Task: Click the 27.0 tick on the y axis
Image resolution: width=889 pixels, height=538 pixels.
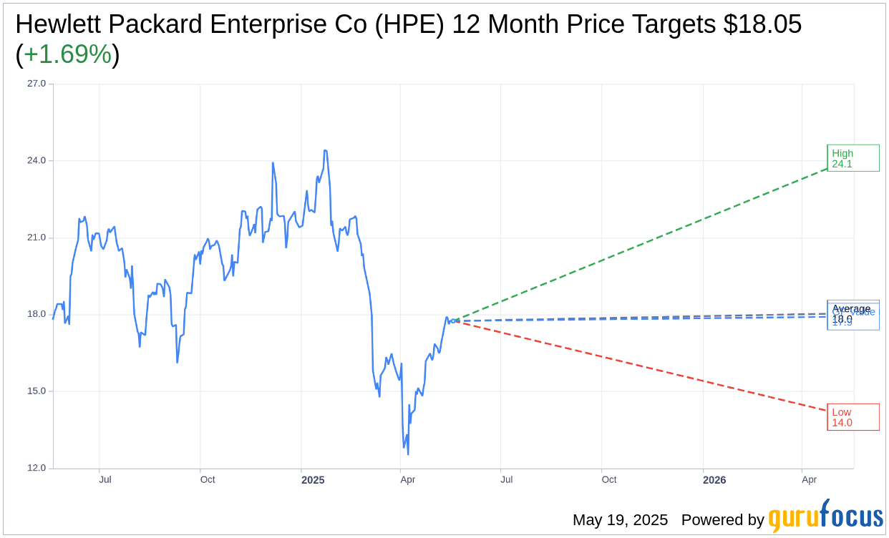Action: (x=37, y=84)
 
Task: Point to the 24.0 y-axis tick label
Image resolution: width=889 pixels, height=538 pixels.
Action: (x=37, y=160)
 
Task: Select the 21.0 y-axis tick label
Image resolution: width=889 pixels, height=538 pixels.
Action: (x=37, y=238)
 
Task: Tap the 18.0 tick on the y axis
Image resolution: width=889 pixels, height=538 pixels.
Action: (x=37, y=314)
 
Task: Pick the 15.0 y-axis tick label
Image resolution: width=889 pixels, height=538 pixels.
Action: (x=37, y=391)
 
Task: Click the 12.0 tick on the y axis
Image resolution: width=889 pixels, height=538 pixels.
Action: (x=37, y=468)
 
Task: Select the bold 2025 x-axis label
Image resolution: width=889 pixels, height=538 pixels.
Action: (x=313, y=480)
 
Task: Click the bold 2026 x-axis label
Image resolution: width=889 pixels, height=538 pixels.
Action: (x=714, y=480)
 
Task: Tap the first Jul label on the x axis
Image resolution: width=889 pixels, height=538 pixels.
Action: (x=105, y=479)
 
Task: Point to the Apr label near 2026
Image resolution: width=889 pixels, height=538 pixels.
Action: (x=810, y=479)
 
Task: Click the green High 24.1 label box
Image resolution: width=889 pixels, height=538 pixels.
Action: (x=853, y=158)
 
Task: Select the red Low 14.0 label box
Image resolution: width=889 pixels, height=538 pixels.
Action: (x=853, y=417)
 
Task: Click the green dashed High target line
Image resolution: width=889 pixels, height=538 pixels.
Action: (x=644, y=243)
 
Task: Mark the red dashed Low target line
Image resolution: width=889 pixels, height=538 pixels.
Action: (x=644, y=366)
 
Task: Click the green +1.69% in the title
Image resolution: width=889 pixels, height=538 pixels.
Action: (x=67, y=54)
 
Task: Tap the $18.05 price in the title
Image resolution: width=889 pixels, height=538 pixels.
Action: (x=762, y=24)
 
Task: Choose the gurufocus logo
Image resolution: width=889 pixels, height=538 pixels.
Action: (x=825, y=516)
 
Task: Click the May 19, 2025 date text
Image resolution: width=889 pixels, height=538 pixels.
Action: (x=620, y=520)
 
